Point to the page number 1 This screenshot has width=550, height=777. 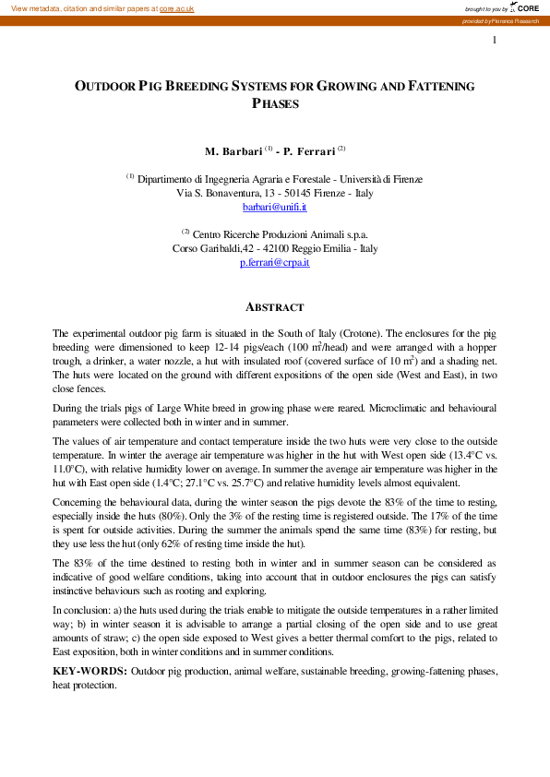point(495,40)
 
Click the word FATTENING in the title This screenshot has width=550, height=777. point(435,86)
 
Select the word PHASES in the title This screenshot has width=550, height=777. point(275,104)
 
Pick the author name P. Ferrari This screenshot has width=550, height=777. point(309,149)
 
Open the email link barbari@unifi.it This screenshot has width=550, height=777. point(275,209)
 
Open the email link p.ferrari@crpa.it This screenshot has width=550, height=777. point(275,263)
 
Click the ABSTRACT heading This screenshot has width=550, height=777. point(275,307)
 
